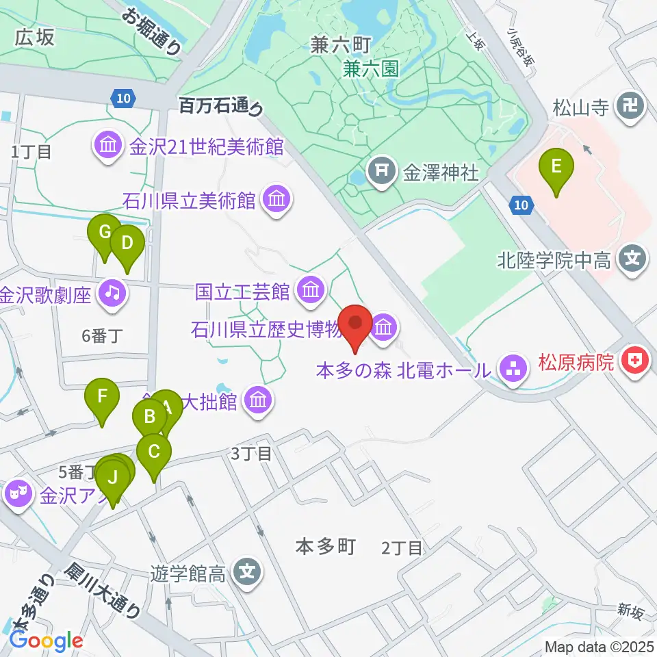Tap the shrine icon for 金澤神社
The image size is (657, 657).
click(381, 172)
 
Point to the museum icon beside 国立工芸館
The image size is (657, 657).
click(311, 292)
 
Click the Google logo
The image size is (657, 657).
click(46, 641)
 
